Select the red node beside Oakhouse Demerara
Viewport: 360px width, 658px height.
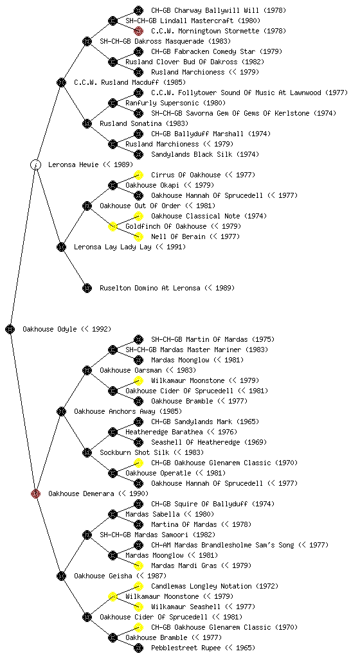coord(35,493)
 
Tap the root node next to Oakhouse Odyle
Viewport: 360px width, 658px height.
coord(10,329)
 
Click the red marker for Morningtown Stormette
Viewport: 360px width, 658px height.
coord(138,31)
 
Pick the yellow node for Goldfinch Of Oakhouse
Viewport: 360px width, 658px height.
coord(113,226)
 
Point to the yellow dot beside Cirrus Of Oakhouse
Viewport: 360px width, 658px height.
coord(138,175)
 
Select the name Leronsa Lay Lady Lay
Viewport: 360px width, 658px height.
coord(113,247)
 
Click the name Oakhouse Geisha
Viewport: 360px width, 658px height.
coord(103,576)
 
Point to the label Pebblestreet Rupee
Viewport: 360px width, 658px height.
coord(185,648)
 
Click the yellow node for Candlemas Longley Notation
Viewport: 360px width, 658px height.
coord(138,586)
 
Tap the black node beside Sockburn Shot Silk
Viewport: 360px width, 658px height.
coord(87,452)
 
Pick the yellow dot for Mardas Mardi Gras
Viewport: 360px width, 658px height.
coord(138,565)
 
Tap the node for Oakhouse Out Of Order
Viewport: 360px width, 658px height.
coord(87,206)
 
